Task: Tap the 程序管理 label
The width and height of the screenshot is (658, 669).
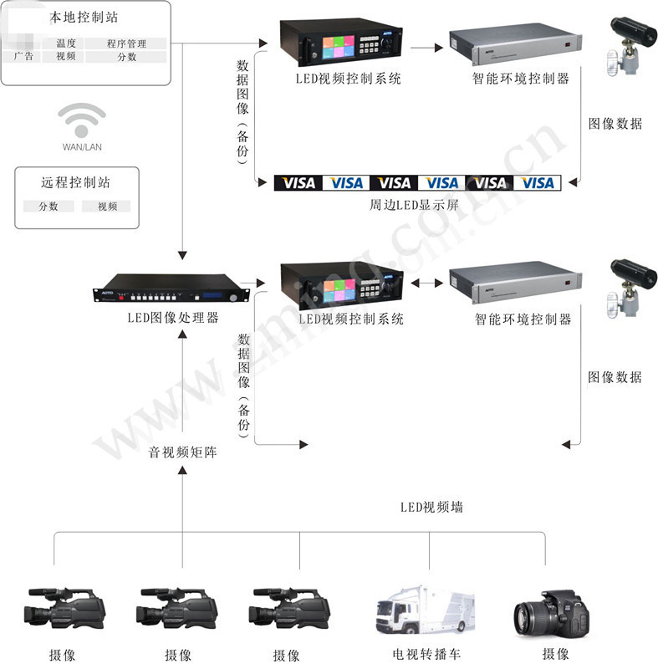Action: click(126, 43)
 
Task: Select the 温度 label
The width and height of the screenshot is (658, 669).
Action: click(66, 43)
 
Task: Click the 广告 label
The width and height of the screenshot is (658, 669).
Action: click(24, 57)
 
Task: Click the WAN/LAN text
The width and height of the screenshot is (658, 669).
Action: click(82, 147)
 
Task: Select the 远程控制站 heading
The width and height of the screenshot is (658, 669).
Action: click(75, 182)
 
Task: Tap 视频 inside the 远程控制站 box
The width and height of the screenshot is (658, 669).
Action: click(107, 206)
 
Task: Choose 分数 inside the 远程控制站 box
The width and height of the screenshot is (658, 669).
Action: click(47, 206)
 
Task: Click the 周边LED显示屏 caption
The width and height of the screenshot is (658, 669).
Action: click(415, 204)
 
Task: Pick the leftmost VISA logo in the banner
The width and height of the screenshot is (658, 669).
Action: click(298, 182)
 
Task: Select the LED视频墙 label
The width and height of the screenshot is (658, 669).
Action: click(431, 508)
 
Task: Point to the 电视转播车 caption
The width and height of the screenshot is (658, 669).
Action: click(426, 654)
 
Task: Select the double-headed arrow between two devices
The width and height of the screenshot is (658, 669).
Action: click(427, 283)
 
